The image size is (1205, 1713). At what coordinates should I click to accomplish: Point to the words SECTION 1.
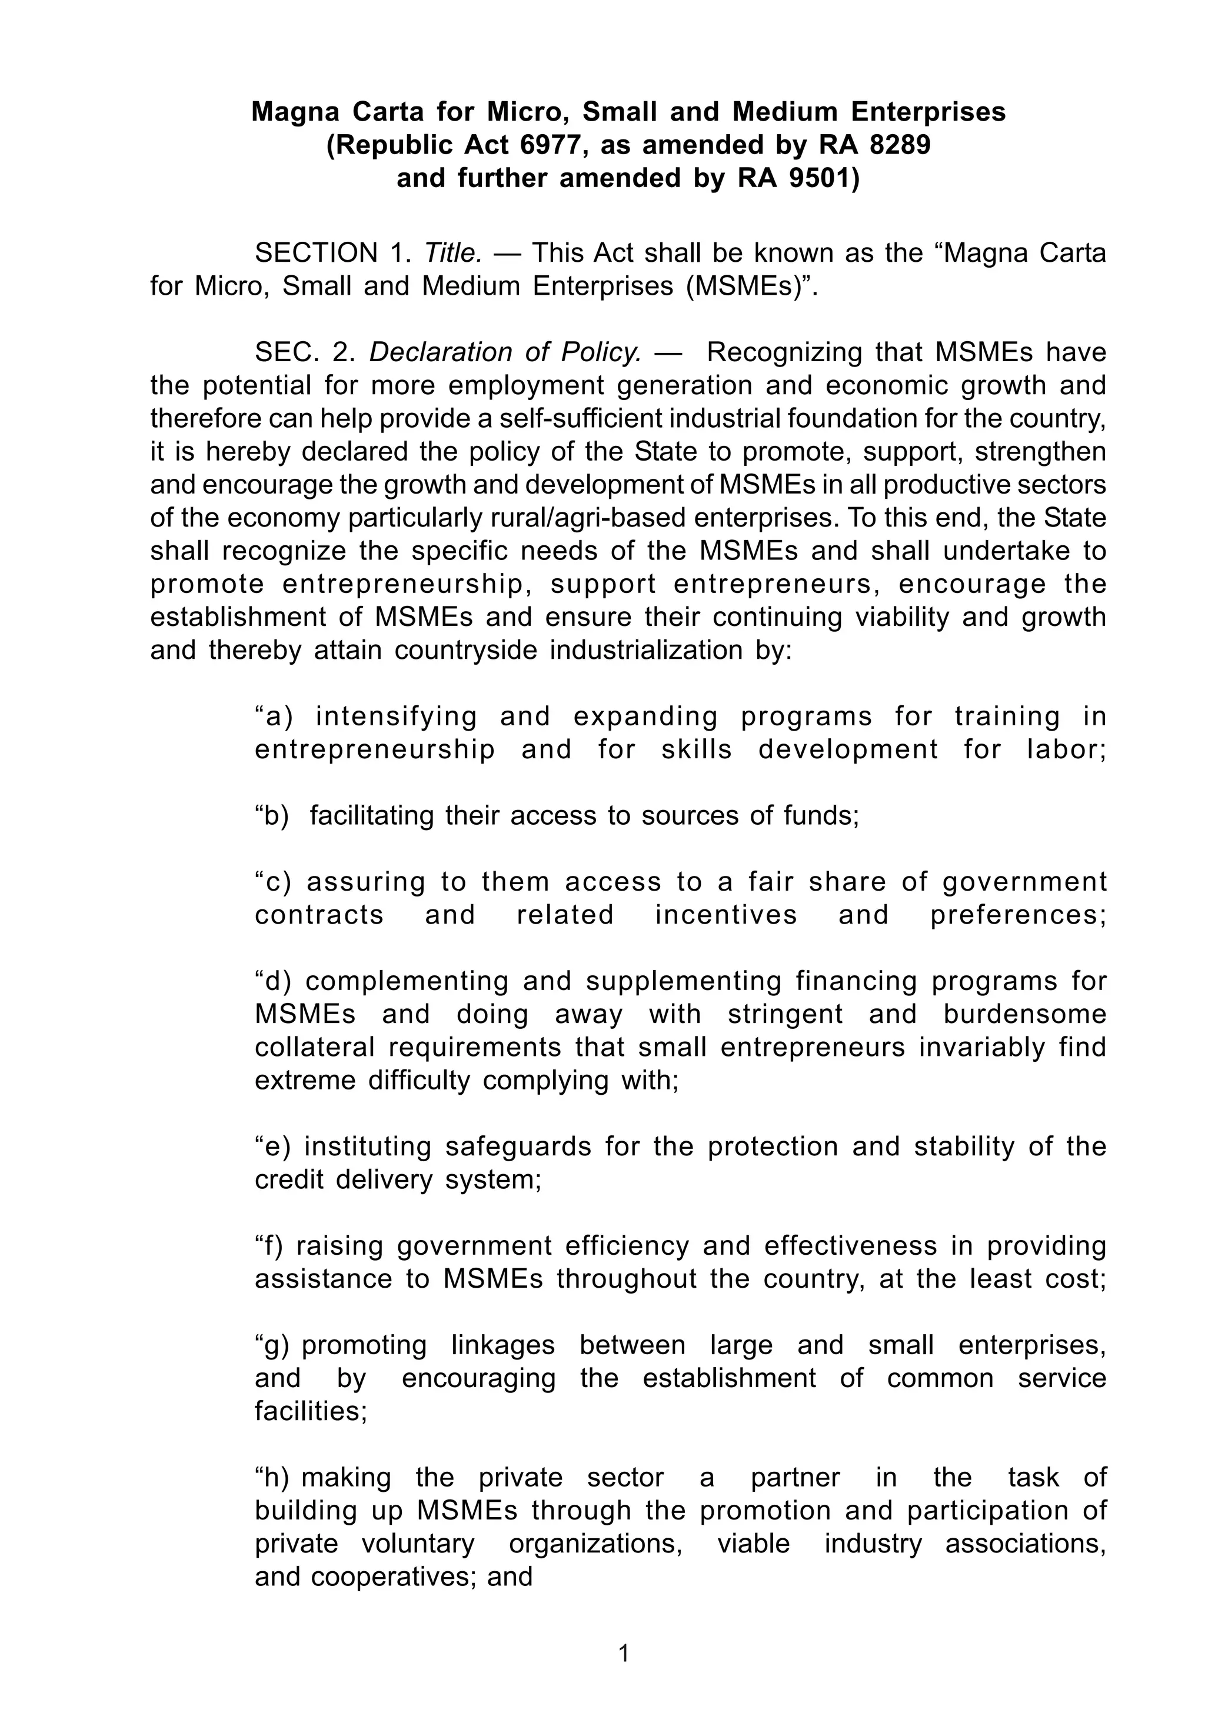tap(333, 254)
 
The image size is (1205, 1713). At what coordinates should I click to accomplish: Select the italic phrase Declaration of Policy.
tap(506, 352)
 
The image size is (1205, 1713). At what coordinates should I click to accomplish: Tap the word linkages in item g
tap(504, 1345)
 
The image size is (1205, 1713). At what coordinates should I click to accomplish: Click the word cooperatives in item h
tap(390, 1577)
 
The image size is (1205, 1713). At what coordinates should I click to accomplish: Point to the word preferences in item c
tap(1018, 915)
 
